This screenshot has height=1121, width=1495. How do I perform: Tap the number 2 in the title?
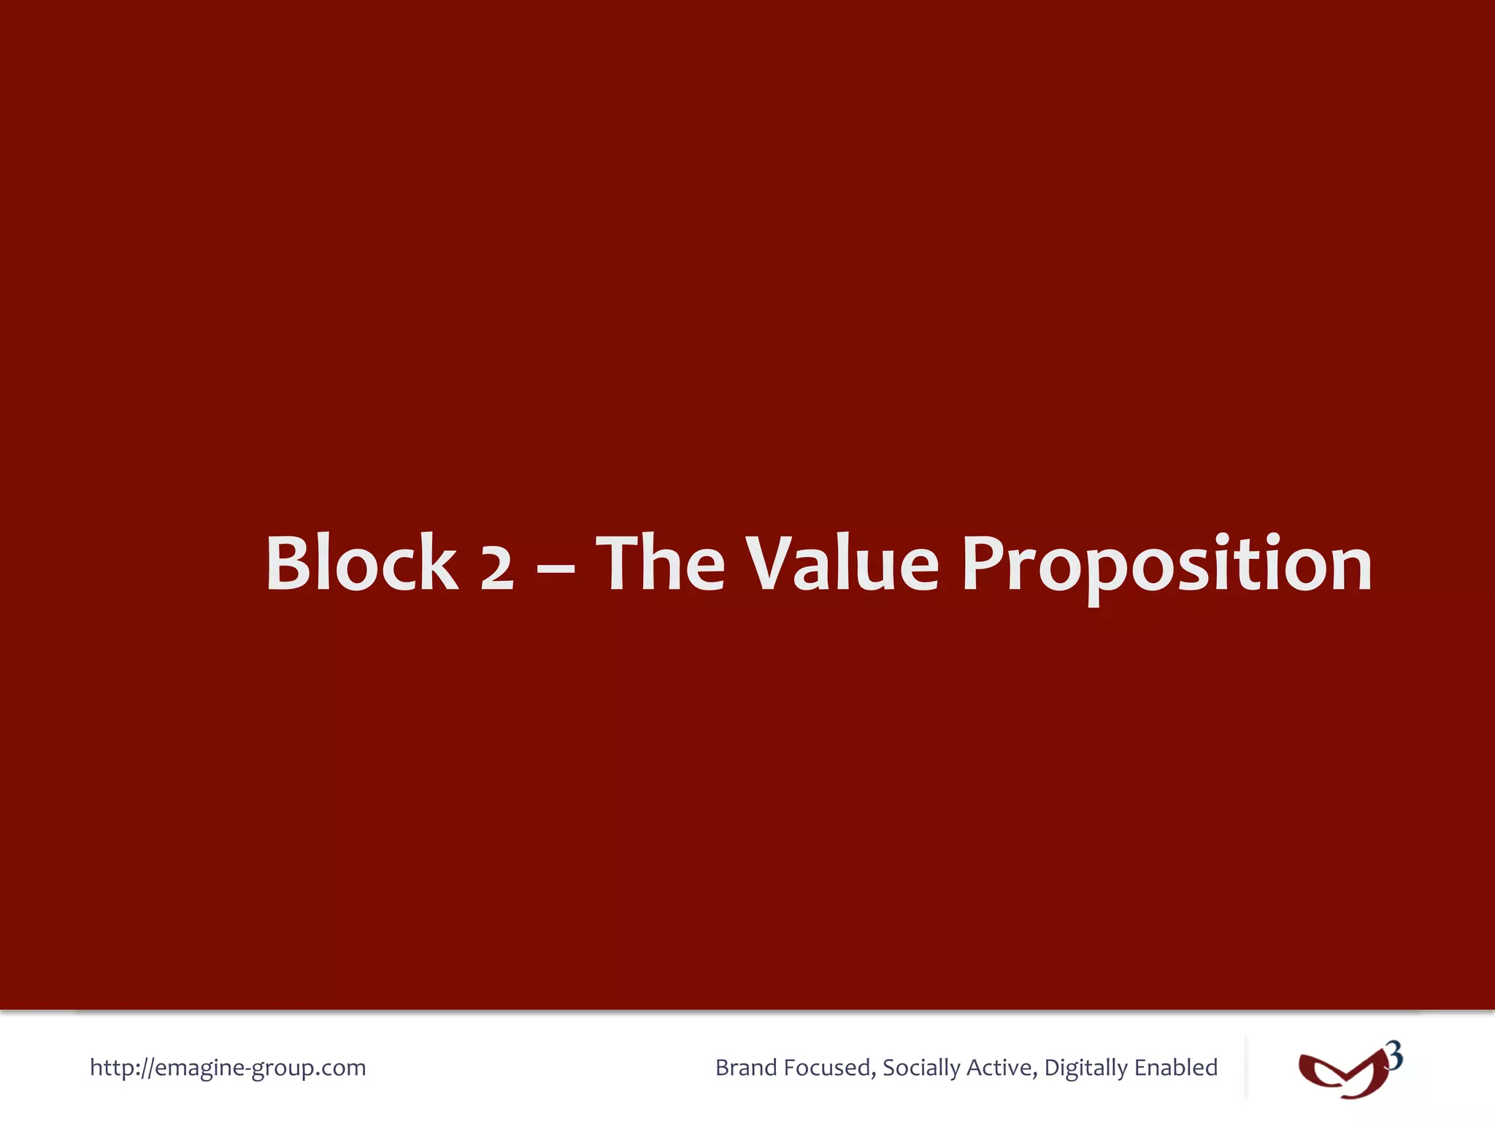click(x=497, y=569)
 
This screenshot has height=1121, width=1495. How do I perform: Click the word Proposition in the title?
click(x=1167, y=564)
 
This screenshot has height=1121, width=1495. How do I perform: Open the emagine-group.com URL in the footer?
click(x=228, y=1068)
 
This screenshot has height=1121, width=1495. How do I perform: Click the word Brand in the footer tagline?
click(x=745, y=1068)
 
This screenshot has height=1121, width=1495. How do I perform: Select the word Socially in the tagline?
click(x=921, y=1068)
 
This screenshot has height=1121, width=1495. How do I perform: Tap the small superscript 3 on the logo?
click(x=1394, y=1056)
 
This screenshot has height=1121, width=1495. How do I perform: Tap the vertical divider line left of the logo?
click(x=1246, y=1067)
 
